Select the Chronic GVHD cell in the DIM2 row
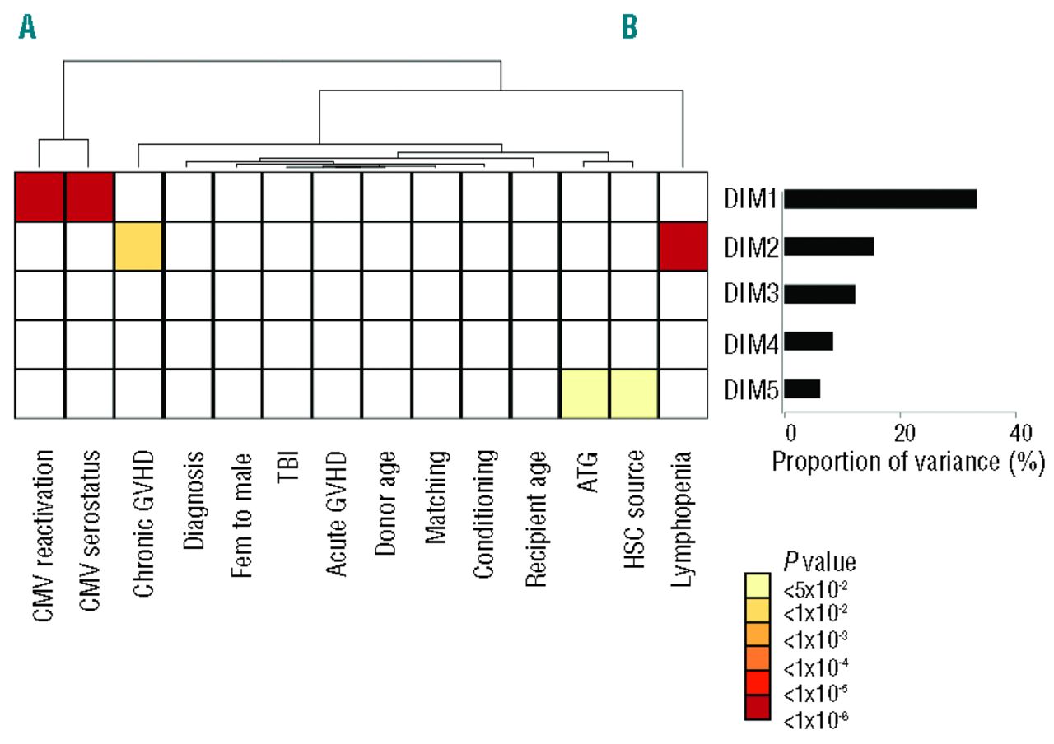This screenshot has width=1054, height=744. [139, 246]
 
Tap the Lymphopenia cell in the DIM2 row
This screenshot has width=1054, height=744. [683, 246]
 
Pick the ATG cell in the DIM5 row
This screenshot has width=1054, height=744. [584, 393]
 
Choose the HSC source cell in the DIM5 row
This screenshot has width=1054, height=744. [633, 393]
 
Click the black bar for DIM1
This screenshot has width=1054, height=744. [880, 199]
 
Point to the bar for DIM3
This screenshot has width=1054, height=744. [820, 294]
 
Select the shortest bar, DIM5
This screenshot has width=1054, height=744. [803, 388]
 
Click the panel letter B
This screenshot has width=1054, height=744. [629, 28]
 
